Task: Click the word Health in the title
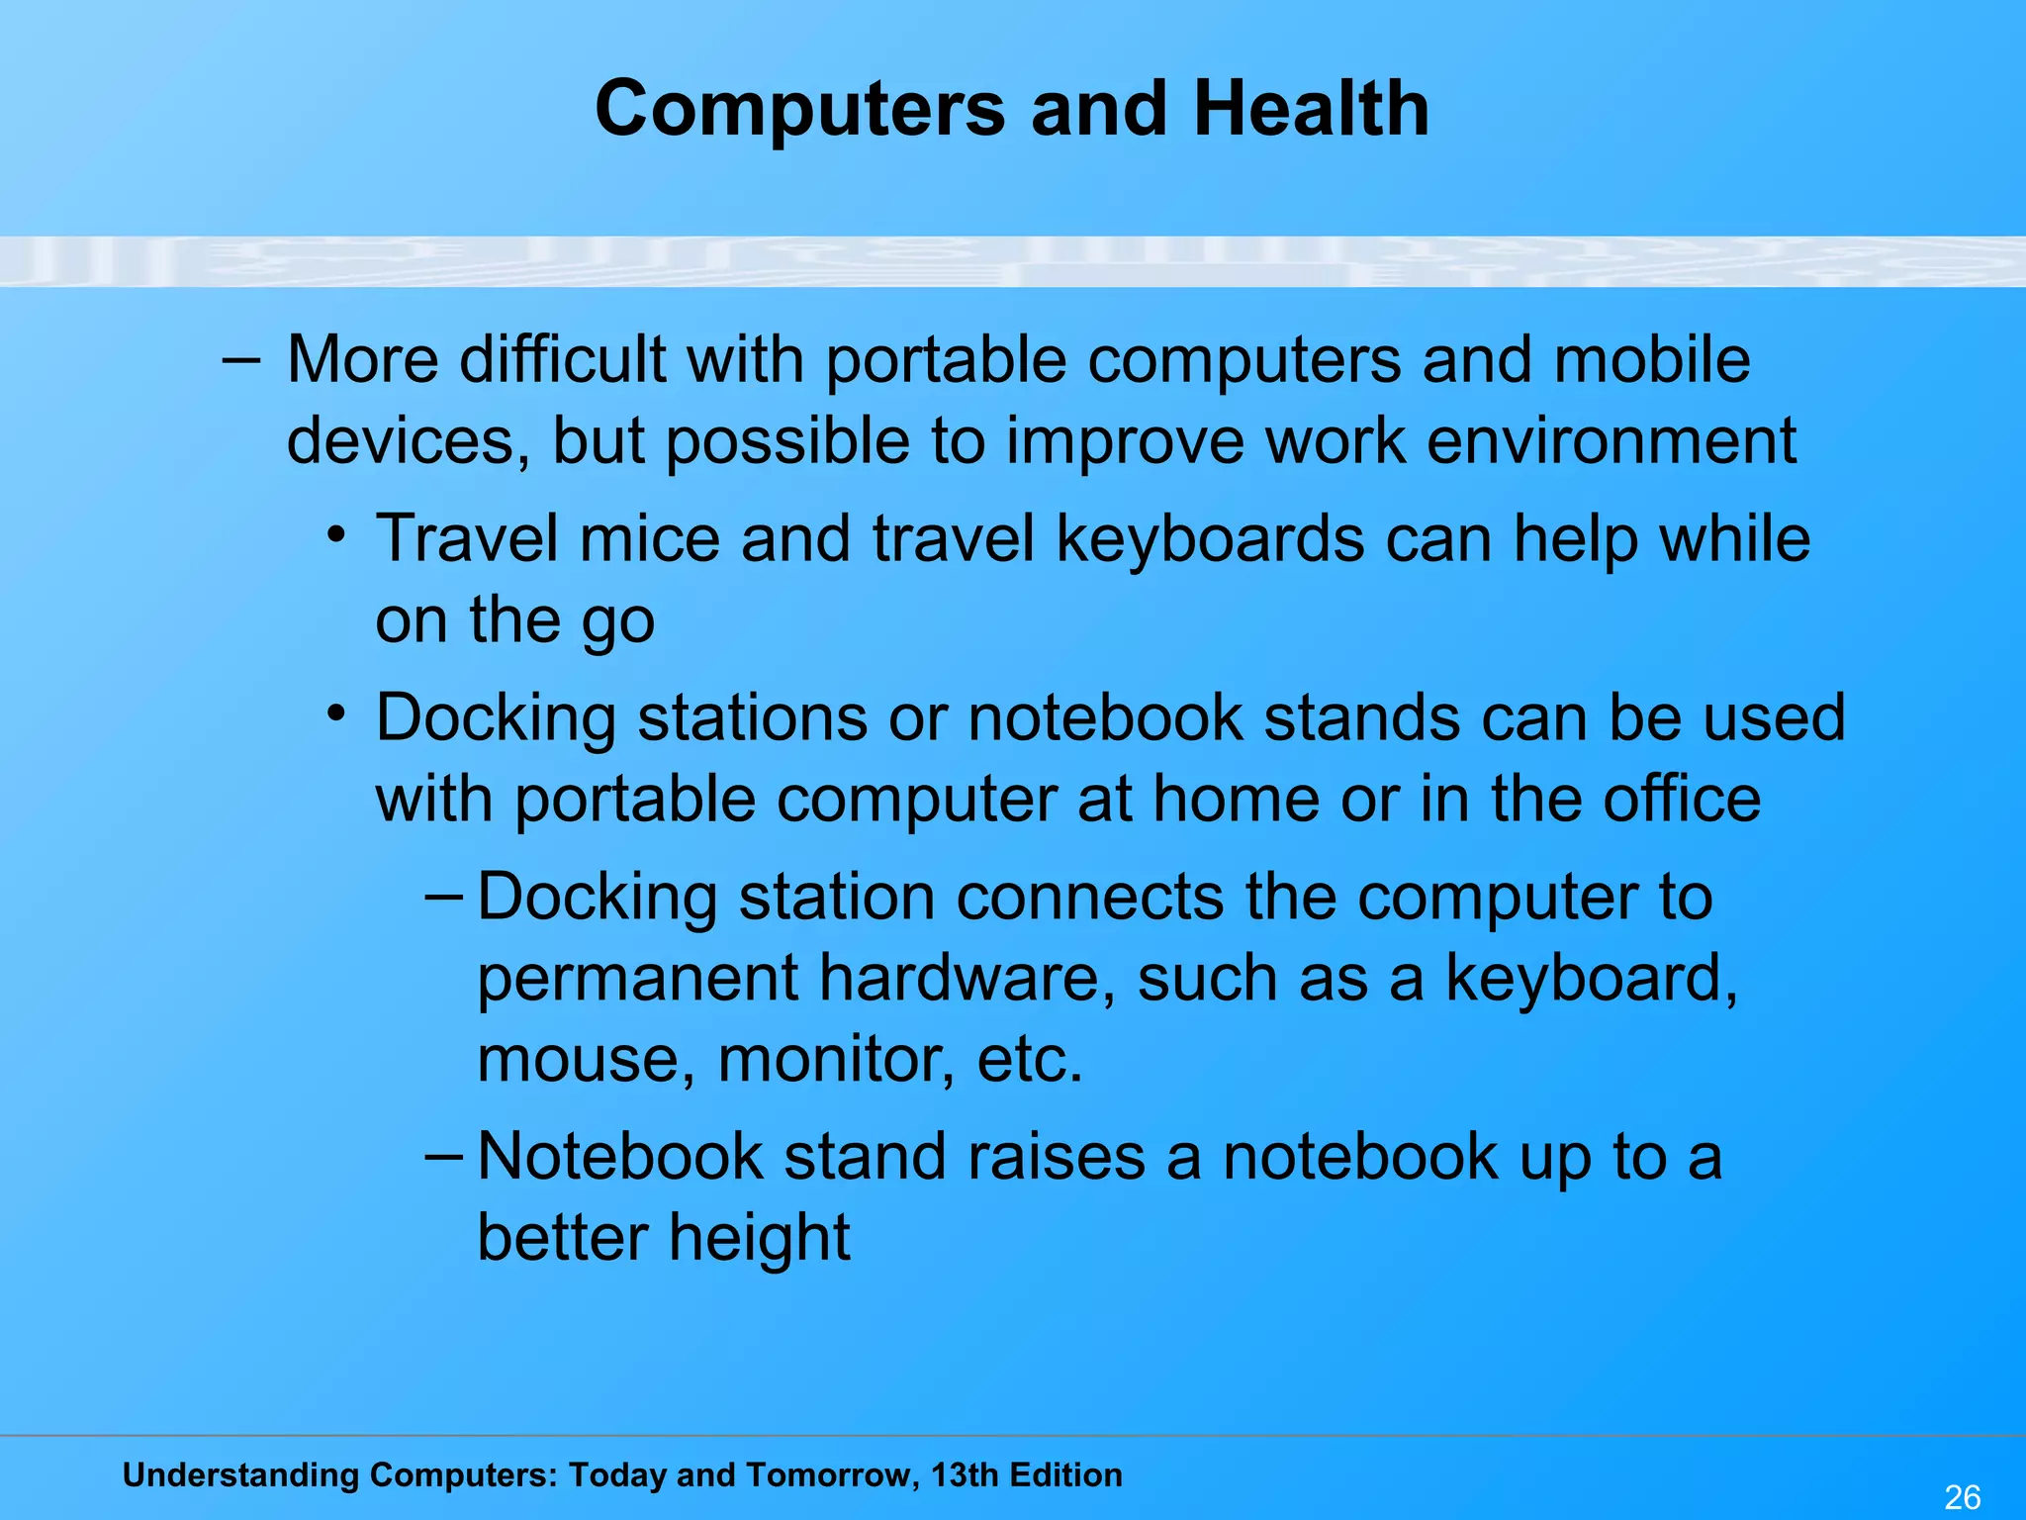1311,109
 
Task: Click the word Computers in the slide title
800,109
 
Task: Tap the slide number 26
1962,1497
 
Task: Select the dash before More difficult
240,360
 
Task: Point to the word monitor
836,1060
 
